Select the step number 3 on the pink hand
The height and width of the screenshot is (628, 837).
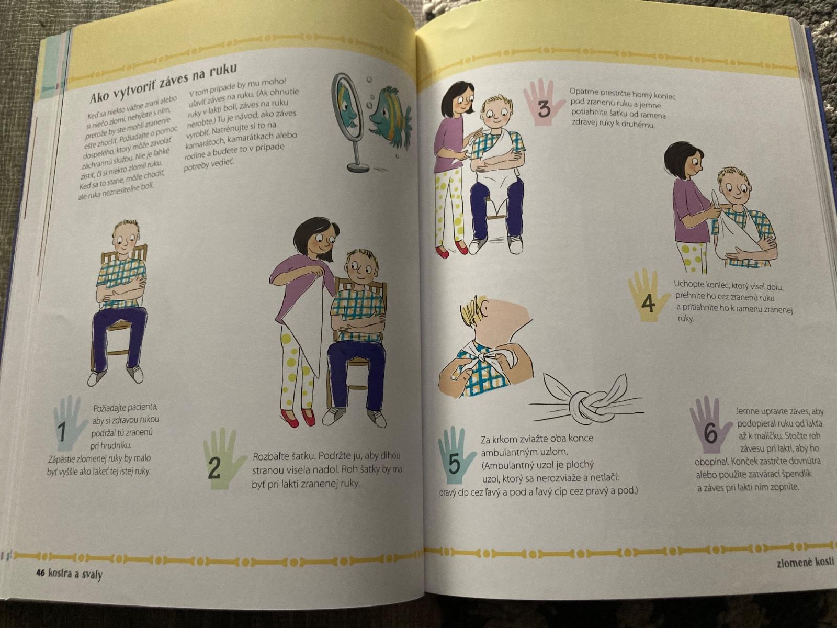[544, 110]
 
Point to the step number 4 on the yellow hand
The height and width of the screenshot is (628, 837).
[648, 304]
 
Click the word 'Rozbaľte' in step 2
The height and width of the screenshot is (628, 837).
[269, 457]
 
